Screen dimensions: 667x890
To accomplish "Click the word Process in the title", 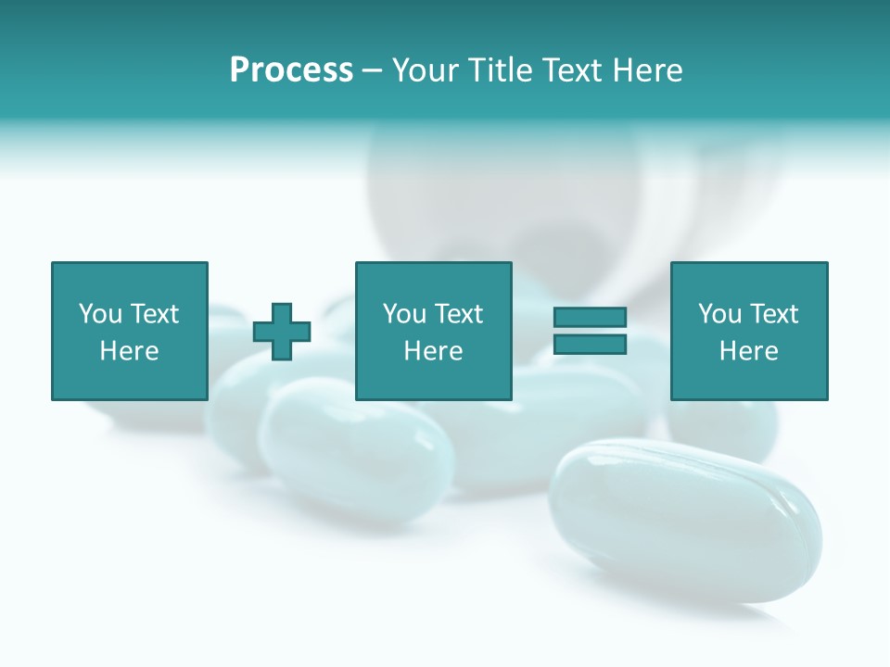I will click(291, 70).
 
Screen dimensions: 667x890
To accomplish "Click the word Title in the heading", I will click(501, 70).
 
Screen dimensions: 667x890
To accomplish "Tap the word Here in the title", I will click(648, 70).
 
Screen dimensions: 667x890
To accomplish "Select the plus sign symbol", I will click(282, 331).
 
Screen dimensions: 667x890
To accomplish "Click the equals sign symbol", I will click(590, 331).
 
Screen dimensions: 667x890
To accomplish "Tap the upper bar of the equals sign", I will click(590, 318).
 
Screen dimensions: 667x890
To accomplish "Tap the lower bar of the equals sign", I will click(590, 344).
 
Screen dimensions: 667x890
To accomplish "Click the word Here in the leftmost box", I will click(129, 351).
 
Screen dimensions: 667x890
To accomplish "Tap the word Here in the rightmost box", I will click(748, 351).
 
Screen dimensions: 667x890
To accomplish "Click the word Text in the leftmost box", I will click(155, 314).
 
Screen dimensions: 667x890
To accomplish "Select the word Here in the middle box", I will click(433, 351).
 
